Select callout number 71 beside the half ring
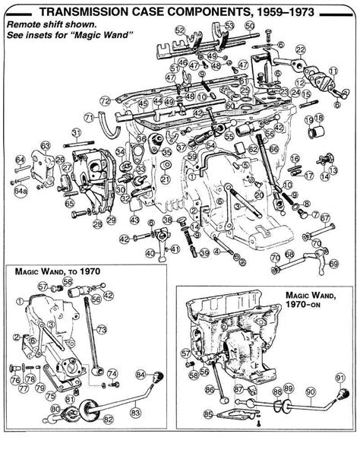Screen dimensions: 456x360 pyautogui.click(x=88, y=118)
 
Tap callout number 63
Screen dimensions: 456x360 pyautogui.click(x=46, y=145)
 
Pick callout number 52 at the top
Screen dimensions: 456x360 pyautogui.click(x=179, y=30)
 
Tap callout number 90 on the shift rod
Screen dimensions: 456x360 pyautogui.click(x=309, y=393)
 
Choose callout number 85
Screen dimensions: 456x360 pyautogui.click(x=208, y=414)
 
